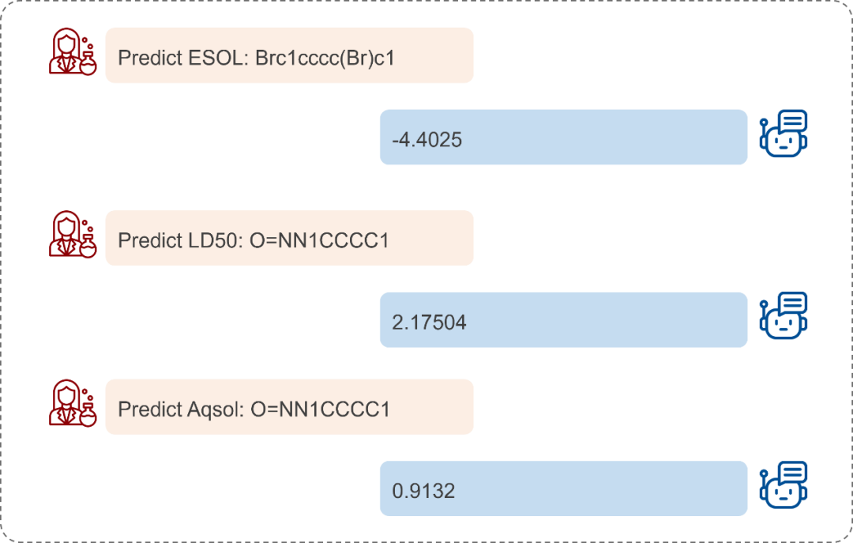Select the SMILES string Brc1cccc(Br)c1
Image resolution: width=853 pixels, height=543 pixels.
[325, 58]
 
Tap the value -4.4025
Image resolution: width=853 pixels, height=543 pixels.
[427, 140]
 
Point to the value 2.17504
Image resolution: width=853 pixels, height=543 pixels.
[429, 322]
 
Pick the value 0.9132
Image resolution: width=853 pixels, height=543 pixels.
[423, 492]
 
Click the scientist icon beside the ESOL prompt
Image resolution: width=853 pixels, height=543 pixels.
[73, 51]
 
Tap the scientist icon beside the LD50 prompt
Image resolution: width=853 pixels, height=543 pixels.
[73, 234]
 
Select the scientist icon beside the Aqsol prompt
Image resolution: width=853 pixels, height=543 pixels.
[73, 403]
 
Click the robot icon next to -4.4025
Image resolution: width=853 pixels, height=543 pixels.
[783, 134]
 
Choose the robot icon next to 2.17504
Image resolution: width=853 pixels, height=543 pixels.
[783, 315]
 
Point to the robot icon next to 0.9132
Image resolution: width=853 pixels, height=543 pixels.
[783, 485]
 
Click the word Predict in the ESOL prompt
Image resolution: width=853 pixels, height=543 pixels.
[149, 58]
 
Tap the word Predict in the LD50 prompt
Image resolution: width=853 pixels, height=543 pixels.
[149, 240]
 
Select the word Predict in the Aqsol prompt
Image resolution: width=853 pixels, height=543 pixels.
[149, 409]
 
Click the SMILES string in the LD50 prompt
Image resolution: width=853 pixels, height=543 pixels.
[319, 240]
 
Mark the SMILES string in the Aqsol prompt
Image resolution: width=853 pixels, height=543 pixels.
[321, 409]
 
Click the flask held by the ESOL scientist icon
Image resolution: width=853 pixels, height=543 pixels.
[88, 65]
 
